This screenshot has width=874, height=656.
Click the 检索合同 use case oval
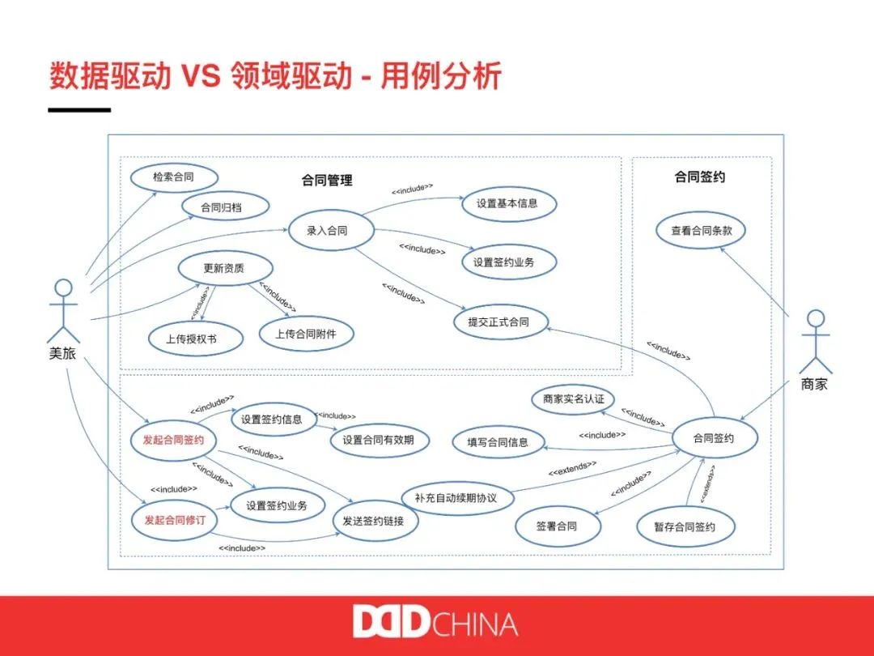pyautogui.click(x=173, y=177)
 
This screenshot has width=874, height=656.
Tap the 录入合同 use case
pyautogui.click(x=328, y=231)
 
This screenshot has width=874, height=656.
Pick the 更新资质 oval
pyautogui.click(x=223, y=269)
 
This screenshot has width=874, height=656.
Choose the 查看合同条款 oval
pyautogui.click(x=699, y=231)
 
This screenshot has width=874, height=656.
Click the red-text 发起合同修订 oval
pyautogui.click(x=175, y=519)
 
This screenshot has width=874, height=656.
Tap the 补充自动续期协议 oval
pyautogui.click(x=456, y=498)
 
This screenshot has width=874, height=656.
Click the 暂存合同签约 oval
pyautogui.click(x=685, y=527)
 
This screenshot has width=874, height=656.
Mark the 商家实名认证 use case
pyautogui.click(x=574, y=399)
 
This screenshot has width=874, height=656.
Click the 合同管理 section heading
pyautogui.click(x=327, y=180)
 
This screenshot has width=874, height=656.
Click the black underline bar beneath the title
pyautogui.click(x=79, y=109)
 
